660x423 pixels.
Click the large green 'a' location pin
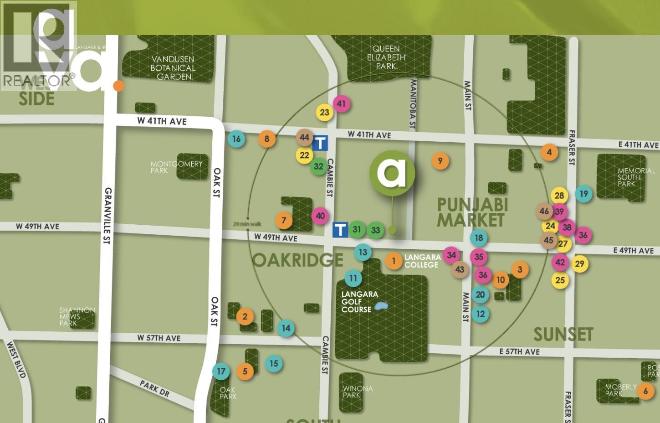pos(392,173)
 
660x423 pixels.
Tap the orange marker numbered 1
pos(394,261)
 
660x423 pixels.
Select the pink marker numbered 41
pos(341,104)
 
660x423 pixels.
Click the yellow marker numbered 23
pos(324,112)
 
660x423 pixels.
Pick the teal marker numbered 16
pos(236,139)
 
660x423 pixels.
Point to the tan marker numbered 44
pos(304,137)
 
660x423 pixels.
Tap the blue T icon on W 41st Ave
pos(320,143)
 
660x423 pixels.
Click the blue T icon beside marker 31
pos(340,229)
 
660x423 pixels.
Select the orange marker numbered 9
pos(440,160)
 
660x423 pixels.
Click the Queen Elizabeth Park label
pos(386,57)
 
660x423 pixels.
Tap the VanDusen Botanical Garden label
pos(174,68)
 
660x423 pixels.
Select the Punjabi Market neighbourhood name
pos(471,212)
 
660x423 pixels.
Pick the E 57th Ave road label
pos(519,351)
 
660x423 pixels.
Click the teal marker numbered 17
pos(221,371)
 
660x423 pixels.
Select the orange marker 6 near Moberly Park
pos(645,391)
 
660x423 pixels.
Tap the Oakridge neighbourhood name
pos(298,260)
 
